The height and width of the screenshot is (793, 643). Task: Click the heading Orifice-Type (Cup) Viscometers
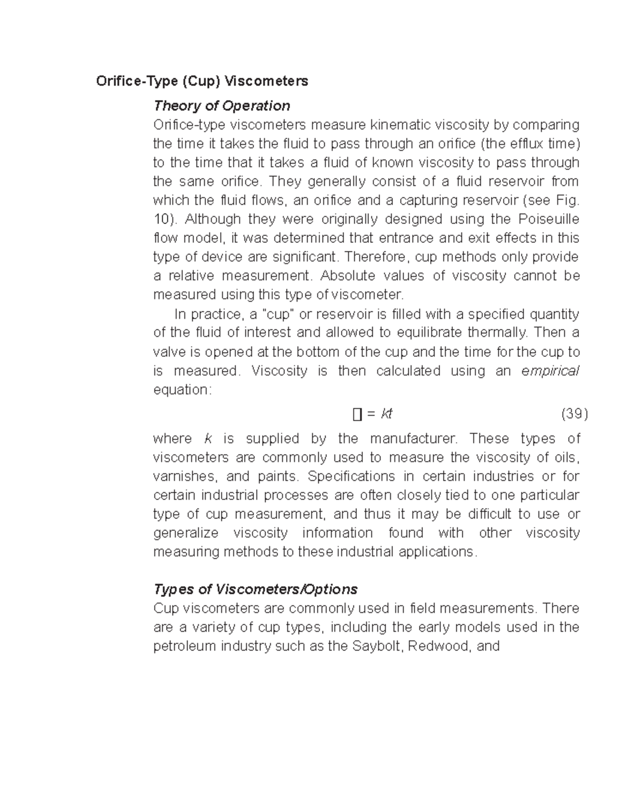(x=202, y=81)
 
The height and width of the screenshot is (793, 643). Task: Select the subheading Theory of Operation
(x=222, y=106)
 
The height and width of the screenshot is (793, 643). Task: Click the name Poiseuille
(x=549, y=219)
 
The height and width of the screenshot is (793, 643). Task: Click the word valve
(x=168, y=352)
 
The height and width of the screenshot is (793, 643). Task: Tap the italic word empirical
(x=550, y=371)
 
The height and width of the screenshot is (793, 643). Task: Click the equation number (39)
(x=574, y=414)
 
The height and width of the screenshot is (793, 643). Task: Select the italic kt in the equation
(x=386, y=414)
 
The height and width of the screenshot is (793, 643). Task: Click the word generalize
(x=185, y=533)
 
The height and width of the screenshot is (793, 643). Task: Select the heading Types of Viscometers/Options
(x=255, y=589)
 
